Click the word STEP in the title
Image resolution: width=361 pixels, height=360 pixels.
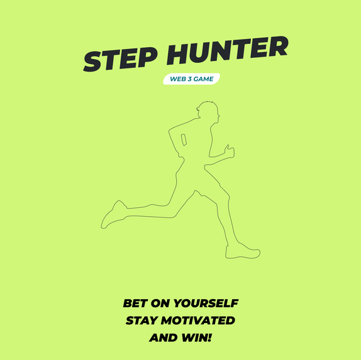point(119,58)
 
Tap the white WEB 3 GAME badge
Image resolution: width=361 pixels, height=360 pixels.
point(191,80)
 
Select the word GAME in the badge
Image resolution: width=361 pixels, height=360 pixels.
point(206,79)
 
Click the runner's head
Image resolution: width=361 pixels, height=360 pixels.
point(208,114)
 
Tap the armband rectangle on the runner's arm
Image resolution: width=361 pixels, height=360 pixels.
point(184,139)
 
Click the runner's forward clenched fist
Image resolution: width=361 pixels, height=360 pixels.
point(229,151)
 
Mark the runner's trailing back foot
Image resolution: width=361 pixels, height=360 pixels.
point(113,214)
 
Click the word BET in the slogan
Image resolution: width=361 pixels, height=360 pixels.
point(135,303)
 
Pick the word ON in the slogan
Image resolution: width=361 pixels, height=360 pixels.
point(160,303)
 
